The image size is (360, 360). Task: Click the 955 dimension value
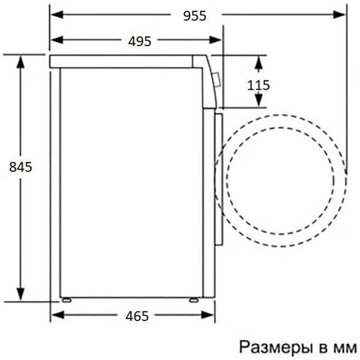click(x=194, y=16)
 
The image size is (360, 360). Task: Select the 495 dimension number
click(x=139, y=40)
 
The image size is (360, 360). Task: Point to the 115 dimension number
click(x=259, y=85)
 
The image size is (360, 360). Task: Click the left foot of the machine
click(x=65, y=298)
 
